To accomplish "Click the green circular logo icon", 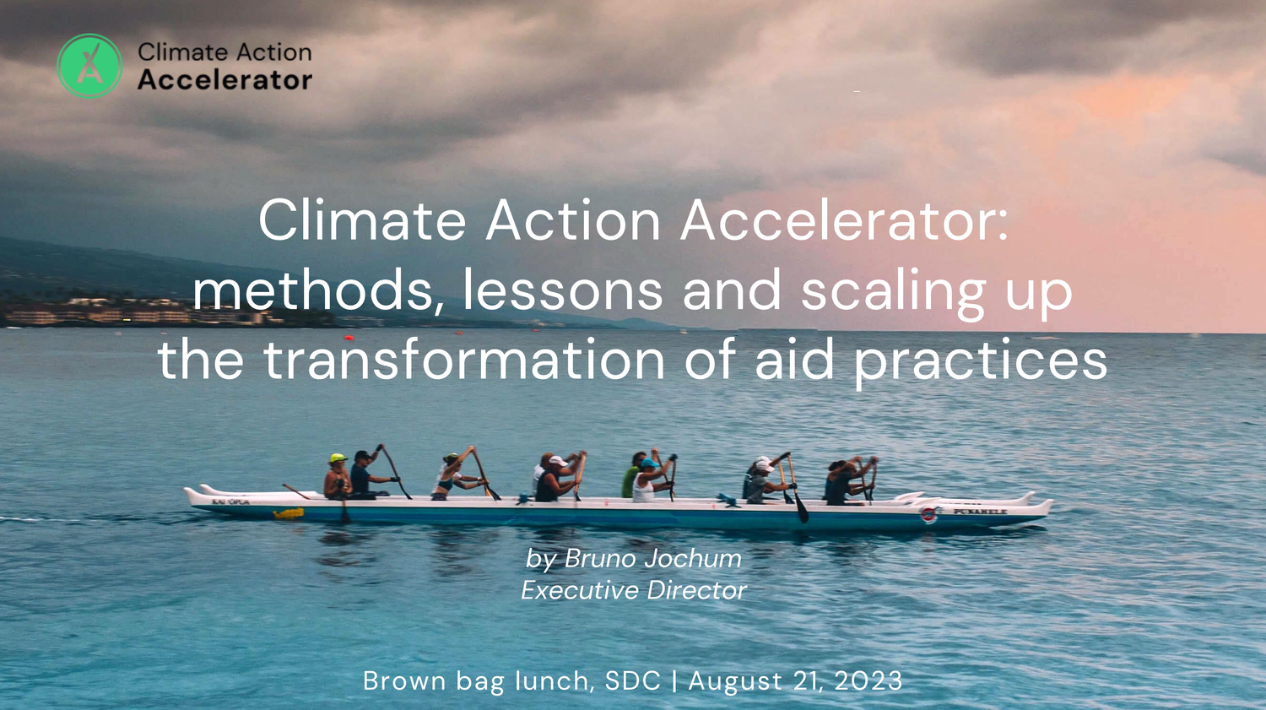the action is tap(89, 66).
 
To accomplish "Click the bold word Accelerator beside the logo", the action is tap(225, 79).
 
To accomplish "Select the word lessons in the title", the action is tap(563, 290).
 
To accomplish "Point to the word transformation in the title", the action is tap(464, 360).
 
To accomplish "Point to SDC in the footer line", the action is tap(632, 680).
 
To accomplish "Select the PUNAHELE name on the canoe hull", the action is tap(980, 512).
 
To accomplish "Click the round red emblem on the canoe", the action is tap(928, 514).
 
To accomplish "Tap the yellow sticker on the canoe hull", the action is tap(289, 513).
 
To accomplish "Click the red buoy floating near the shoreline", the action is tap(349, 338).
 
